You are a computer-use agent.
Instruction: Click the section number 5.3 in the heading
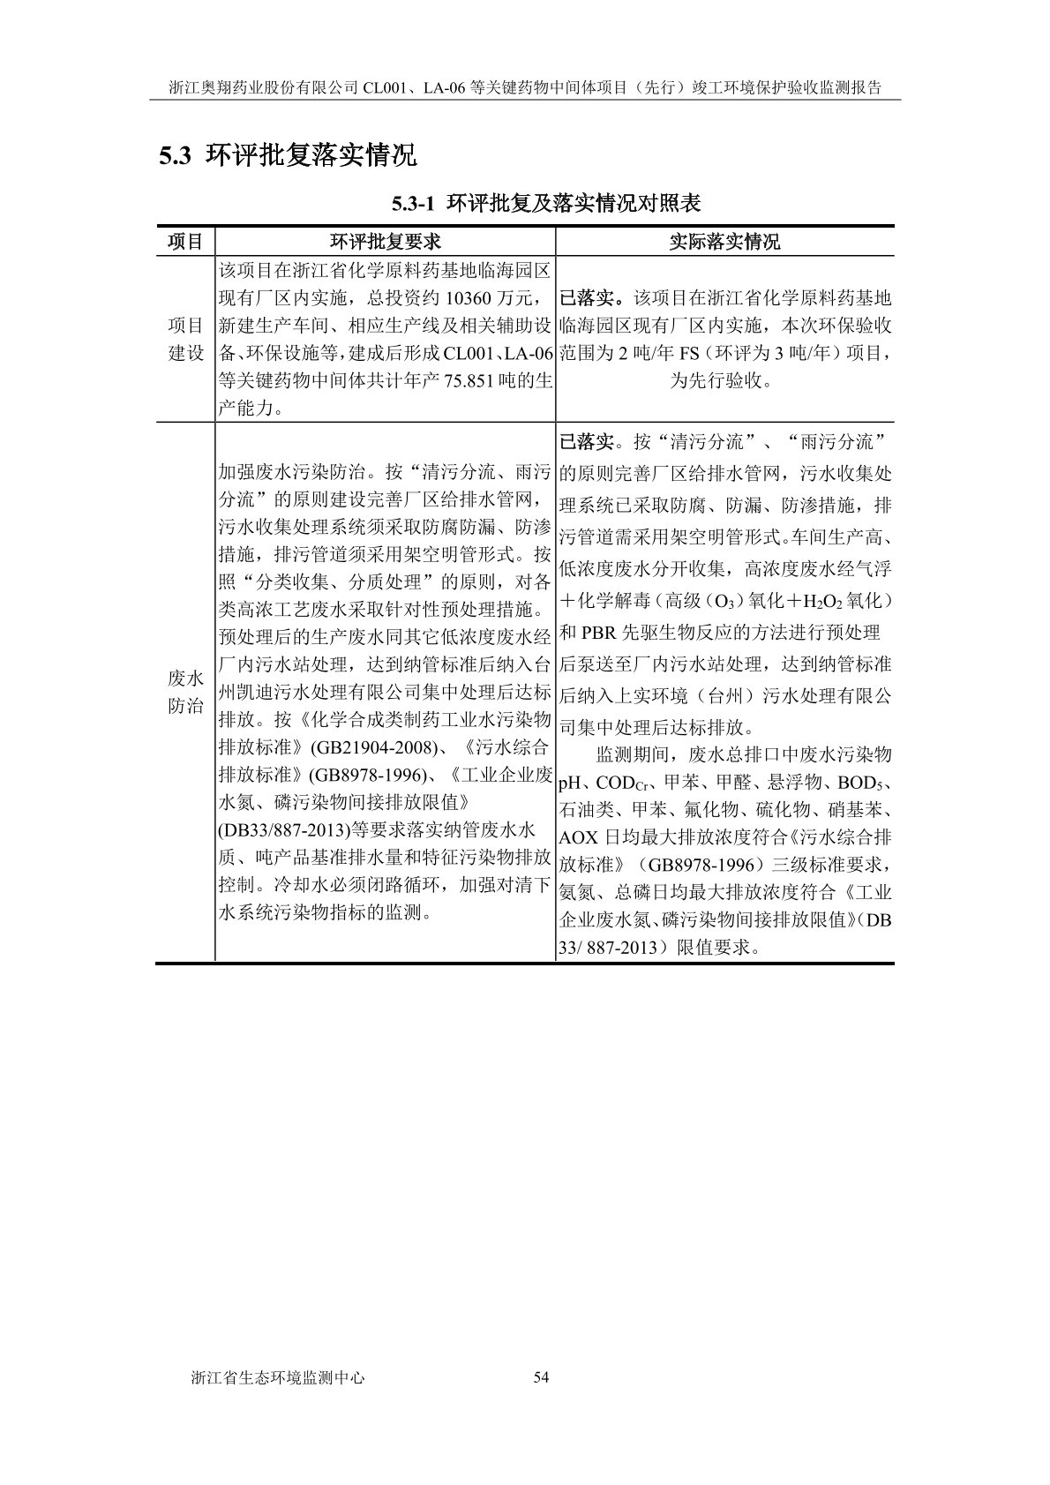[x=175, y=157]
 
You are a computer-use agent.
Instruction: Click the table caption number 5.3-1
[x=414, y=204]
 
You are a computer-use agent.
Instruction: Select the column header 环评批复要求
[x=386, y=242]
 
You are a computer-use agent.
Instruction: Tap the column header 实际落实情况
[x=724, y=242]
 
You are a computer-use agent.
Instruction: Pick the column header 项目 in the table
[x=185, y=242]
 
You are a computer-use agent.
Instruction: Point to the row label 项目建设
[x=185, y=339]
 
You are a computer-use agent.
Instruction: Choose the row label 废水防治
[x=185, y=693]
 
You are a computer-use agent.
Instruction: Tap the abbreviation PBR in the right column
[x=601, y=633]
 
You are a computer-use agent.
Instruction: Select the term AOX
[x=579, y=837]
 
